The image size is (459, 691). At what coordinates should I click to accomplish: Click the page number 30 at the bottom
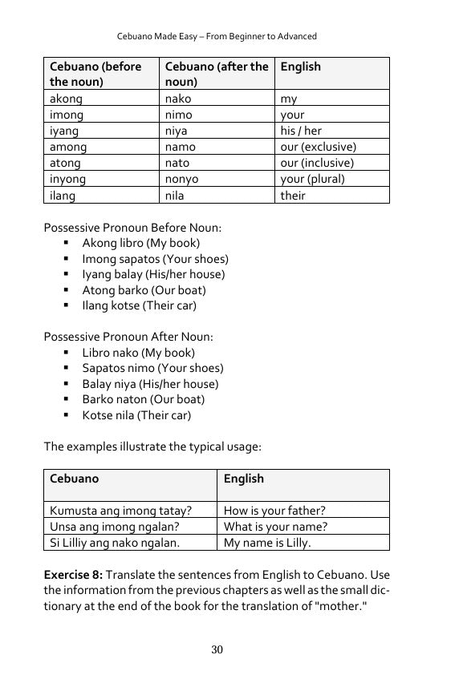pyautogui.click(x=217, y=650)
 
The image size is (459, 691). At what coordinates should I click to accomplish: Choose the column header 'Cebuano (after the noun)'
pyautogui.click(x=217, y=74)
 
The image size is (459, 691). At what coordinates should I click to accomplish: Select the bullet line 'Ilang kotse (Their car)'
pyautogui.click(x=139, y=305)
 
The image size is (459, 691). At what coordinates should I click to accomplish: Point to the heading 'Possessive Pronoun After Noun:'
pyautogui.click(x=130, y=337)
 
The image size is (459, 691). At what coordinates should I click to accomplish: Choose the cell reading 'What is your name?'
pyautogui.click(x=275, y=527)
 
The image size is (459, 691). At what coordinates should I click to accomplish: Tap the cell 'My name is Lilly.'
pyautogui.click(x=267, y=543)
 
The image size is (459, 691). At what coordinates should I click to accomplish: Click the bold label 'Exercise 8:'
pyautogui.click(x=72, y=575)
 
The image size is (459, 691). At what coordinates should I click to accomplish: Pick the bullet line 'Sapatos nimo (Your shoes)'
pyautogui.click(x=152, y=368)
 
